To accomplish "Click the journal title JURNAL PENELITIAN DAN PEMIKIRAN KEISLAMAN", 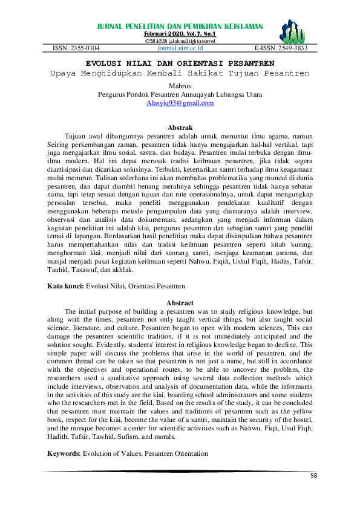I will pos(180,27).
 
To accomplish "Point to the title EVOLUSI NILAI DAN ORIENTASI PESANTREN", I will pos(180,63).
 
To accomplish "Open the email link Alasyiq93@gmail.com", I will pos(180,103).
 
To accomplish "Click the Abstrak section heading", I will pos(180,128).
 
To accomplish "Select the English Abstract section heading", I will pos(180,303).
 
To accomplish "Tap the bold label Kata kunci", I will pos(65,284).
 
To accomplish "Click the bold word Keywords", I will pos(64,453).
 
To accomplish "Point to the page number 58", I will pos(313,476).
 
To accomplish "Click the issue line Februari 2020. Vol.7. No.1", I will pos(180,34).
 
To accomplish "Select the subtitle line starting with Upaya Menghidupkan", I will pos(180,73).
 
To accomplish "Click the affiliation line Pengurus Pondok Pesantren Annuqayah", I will pos(180,94).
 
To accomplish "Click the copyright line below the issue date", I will pos(180,41).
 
